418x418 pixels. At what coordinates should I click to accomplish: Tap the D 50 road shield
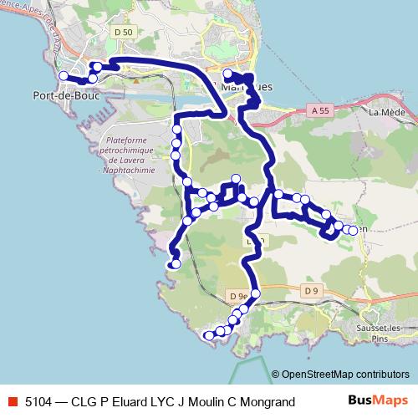123,32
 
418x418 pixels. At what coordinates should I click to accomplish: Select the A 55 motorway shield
319,110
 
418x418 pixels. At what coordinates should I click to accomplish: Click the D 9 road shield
311,290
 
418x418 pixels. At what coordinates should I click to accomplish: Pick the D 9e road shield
238,296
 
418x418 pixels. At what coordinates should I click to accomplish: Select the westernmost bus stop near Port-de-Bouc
64,75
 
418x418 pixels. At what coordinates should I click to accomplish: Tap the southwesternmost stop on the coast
208,335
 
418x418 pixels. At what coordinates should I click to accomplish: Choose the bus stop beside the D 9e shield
255,293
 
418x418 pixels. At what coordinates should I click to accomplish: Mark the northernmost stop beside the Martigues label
228,74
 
